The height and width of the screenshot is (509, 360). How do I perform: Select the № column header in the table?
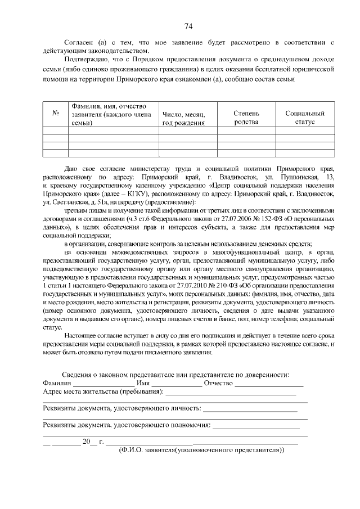[56, 112]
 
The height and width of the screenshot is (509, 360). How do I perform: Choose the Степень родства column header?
[246, 118]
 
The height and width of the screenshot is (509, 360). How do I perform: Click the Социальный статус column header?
[305, 118]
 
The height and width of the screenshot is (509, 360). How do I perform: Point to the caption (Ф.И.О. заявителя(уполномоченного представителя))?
[202, 450]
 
